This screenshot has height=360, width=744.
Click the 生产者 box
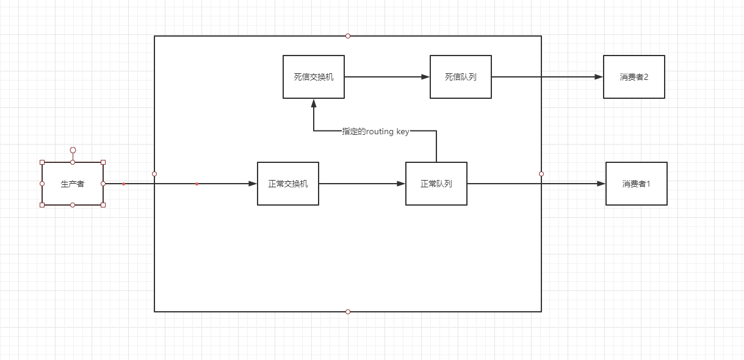point(73,184)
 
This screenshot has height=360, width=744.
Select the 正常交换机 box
point(288,184)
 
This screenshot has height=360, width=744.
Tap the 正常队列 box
point(436,184)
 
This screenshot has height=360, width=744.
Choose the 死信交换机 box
point(314,77)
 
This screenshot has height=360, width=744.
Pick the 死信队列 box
point(461,77)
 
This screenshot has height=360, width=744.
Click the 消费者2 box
point(634,77)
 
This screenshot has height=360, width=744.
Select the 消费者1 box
point(637,184)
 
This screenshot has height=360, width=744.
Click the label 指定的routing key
point(376,131)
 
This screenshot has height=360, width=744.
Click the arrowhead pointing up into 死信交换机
point(314,103)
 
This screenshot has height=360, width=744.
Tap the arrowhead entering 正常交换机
point(253,184)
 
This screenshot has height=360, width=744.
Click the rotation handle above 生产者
point(73,150)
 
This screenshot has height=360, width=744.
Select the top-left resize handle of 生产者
point(42,162)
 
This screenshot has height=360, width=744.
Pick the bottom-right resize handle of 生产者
point(103,205)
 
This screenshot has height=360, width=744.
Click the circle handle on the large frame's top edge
point(348,36)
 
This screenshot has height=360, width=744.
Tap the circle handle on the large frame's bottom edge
point(348,312)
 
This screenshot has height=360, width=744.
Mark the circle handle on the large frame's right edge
point(541,174)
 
